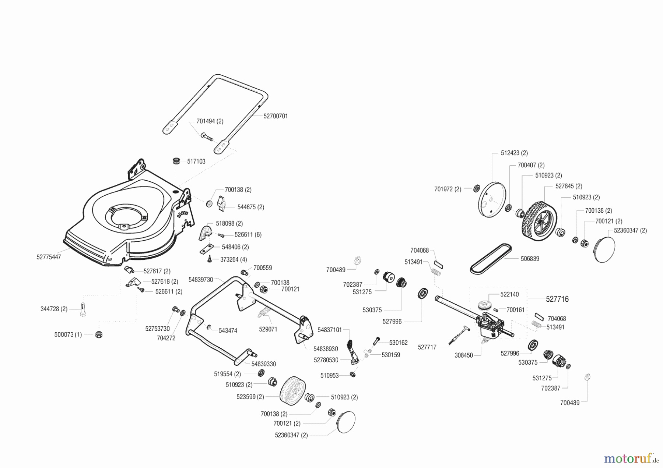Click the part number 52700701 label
pyautogui.click(x=276, y=116)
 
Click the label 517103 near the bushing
pyautogui.click(x=196, y=161)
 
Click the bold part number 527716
pyautogui.click(x=557, y=299)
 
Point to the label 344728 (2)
pyautogui.click(x=54, y=309)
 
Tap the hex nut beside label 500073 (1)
pyautogui.click(x=98, y=334)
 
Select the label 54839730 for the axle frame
pyautogui.click(x=201, y=280)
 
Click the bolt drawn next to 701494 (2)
pyautogui.click(x=207, y=137)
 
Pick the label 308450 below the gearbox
pyautogui.click(x=464, y=355)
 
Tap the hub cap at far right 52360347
pyautogui.click(x=604, y=249)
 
